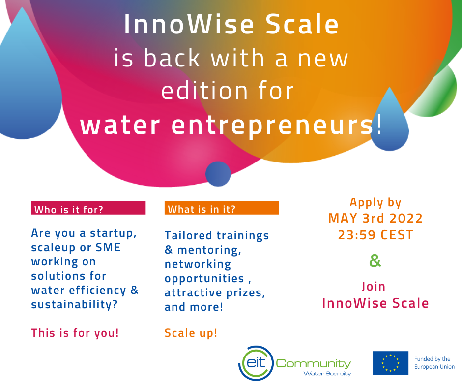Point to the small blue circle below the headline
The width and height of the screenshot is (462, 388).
[218, 174]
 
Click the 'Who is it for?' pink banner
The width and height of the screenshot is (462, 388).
[88, 208]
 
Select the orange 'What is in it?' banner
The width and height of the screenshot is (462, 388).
[222, 208]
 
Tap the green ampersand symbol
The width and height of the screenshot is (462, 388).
[375, 260]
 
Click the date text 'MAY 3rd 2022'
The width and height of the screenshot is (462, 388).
[375, 218]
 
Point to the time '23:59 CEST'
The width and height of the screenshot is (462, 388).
[375, 235]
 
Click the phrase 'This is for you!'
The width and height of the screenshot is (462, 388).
[75, 333]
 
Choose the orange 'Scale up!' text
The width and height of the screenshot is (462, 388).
[191, 333]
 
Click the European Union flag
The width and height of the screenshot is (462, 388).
[390, 363]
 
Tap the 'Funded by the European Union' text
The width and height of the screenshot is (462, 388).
[434, 363]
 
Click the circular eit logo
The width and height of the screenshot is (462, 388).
[256, 363]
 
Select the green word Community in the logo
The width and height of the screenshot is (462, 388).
[314, 363]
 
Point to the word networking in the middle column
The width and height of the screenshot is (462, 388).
[198, 264]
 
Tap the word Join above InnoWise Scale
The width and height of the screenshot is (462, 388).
[374, 287]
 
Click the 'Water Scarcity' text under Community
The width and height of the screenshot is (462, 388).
[327, 374]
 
